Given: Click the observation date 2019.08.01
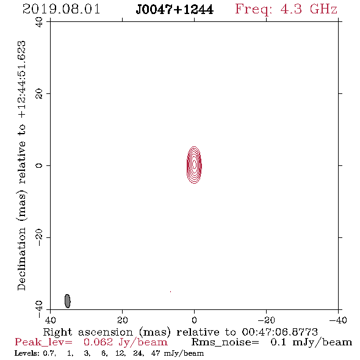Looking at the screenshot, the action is pyautogui.click(x=61, y=9).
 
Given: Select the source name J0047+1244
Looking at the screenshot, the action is pyautogui.click(x=175, y=10).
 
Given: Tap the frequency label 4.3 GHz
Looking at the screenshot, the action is pyautogui.click(x=309, y=9).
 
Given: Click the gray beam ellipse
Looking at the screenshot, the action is pyautogui.click(x=68, y=301).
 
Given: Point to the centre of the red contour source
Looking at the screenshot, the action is pyautogui.click(x=194, y=165).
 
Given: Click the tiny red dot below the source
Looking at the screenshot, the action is pyautogui.click(x=170, y=292).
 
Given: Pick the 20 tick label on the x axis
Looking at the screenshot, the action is pyautogui.click(x=123, y=320).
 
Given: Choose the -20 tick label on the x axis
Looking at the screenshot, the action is pyautogui.click(x=266, y=320).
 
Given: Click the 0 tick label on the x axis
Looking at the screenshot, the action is pyautogui.click(x=194, y=320).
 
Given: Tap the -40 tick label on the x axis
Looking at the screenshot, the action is pyautogui.click(x=338, y=320).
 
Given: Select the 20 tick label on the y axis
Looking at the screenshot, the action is pyautogui.click(x=39, y=94).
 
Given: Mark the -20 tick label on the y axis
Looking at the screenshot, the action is pyautogui.click(x=39, y=237).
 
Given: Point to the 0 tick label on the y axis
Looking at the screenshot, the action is pyautogui.click(x=39, y=165).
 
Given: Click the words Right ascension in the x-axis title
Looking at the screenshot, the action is pyautogui.click(x=88, y=332).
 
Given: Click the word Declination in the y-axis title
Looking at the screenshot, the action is pyautogui.click(x=21, y=259).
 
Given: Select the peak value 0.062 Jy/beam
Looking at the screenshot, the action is pyautogui.click(x=125, y=342).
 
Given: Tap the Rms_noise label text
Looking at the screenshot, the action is pyautogui.click(x=225, y=342).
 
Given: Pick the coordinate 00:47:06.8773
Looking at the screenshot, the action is pyautogui.click(x=279, y=332).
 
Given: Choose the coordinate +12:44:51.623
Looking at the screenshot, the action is pyautogui.click(x=21, y=79).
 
